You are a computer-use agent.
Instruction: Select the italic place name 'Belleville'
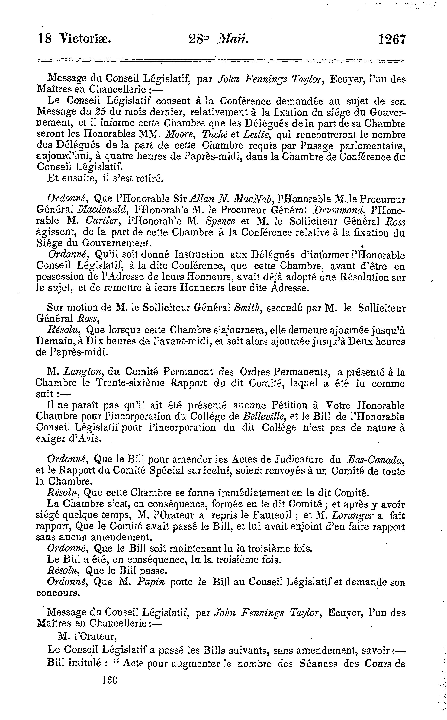tap(264, 417)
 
